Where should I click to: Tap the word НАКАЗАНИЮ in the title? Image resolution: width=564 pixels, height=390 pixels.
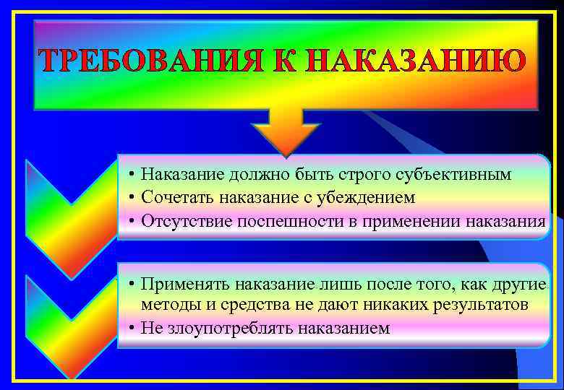[x=414, y=62]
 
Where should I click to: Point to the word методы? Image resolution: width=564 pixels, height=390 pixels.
[x=166, y=305]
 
